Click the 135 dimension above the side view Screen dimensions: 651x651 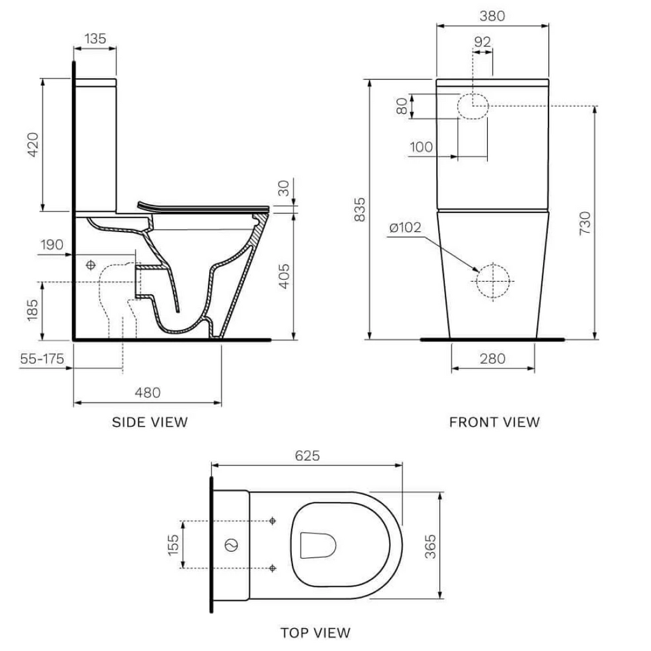coord(95,38)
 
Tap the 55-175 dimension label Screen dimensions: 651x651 coord(41,359)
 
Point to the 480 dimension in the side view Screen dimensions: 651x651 coord(147,392)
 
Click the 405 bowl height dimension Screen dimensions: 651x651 coord(286,276)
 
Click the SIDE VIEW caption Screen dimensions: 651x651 coord(150,421)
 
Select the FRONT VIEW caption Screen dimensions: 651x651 coord(494,421)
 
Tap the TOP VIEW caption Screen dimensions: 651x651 coord(315,632)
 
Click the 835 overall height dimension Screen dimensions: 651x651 coord(359,209)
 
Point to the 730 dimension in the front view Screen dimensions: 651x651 coord(586,223)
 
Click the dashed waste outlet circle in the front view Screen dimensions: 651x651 coord(493,280)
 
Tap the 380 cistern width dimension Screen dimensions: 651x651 coord(492,16)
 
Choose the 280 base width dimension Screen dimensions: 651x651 coord(492,359)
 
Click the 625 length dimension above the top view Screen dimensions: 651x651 coord(306,455)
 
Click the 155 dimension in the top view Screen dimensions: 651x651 coord(173,544)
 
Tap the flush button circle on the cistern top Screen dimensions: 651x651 coord(232,545)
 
